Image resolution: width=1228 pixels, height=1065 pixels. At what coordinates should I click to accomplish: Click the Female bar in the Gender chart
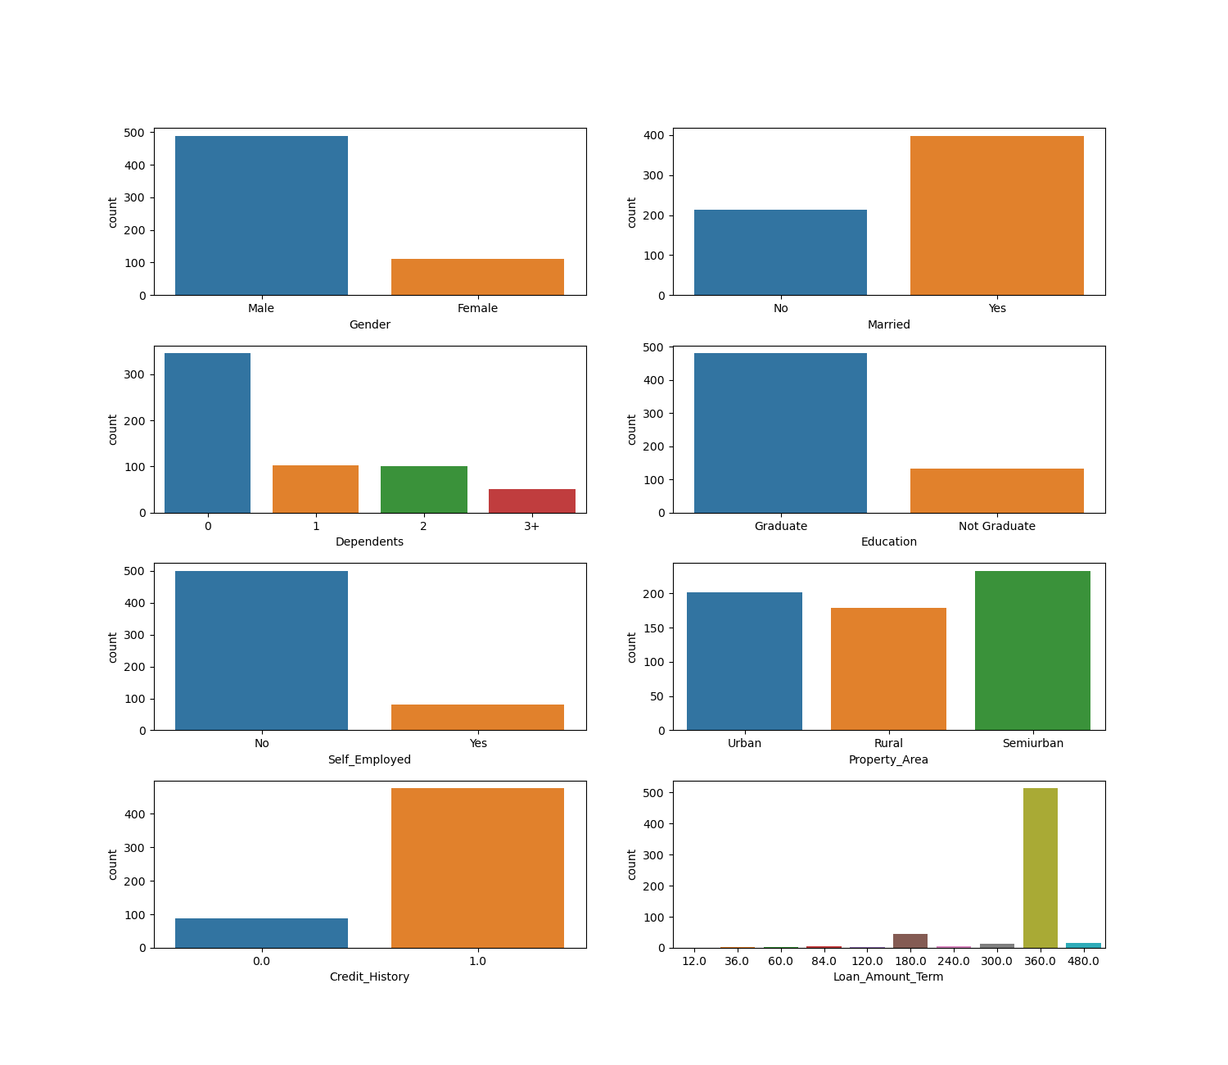pos(477,277)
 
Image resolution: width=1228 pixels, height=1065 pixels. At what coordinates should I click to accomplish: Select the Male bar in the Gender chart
pos(261,215)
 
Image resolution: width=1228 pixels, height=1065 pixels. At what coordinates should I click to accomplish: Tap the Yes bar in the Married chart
pos(996,215)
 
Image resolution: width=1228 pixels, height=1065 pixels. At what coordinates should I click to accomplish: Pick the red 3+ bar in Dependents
pos(531,501)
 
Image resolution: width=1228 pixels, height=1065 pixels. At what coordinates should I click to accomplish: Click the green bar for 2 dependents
pos(423,490)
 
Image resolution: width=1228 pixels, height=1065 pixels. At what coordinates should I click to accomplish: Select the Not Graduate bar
pos(996,491)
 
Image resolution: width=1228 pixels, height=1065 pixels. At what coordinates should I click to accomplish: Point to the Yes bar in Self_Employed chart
pos(477,718)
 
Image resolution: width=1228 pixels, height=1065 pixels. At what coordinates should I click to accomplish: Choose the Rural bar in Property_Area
pos(888,669)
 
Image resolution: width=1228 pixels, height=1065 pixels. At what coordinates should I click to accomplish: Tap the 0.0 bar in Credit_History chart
pos(261,933)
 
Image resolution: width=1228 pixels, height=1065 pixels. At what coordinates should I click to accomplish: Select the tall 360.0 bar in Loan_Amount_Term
pos(1040,868)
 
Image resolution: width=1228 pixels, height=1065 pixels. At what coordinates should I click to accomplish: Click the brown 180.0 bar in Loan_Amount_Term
pos(910,941)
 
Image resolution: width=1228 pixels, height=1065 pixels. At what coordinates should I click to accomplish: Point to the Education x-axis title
pos(888,542)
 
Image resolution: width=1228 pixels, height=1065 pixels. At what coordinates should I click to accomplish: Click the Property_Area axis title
pos(888,760)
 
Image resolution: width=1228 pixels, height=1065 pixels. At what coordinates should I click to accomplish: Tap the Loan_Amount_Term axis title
pos(888,977)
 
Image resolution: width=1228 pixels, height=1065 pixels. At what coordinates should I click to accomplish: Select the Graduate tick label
pos(780,527)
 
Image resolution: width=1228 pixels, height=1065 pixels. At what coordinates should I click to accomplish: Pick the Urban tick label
pos(744,744)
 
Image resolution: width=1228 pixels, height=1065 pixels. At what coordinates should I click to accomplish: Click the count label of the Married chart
pos(632,212)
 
